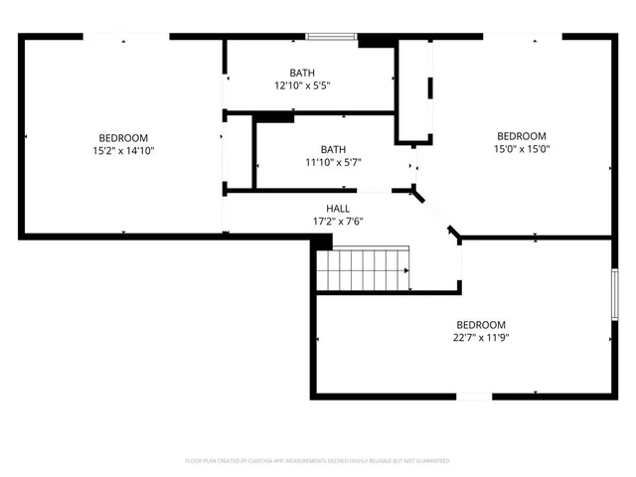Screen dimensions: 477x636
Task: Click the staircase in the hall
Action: click(364, 269)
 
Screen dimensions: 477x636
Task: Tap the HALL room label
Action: click(324, 209)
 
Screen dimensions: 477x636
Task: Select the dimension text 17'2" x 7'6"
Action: click(324, 222)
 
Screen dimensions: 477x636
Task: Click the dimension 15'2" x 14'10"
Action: click(123, 150)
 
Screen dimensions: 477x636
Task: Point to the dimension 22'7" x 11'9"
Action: click(481, 338)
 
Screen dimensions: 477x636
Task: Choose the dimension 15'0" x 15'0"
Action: click(522, 149)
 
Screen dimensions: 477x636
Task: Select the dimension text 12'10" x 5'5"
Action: click(302, 85)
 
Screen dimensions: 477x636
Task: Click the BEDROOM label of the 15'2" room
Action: click(123, 137)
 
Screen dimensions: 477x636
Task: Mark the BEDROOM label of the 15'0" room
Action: click(522, 136)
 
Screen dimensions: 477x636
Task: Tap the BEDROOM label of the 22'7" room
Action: click(481, 325)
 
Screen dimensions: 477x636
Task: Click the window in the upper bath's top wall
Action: click(331, 38)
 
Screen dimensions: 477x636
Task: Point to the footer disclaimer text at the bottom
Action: click(318, 461)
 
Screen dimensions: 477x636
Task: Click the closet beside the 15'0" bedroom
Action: click(414, 92)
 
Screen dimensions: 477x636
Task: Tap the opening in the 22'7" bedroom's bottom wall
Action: click(474, 397)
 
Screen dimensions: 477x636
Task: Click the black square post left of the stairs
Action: click(322, 242)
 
